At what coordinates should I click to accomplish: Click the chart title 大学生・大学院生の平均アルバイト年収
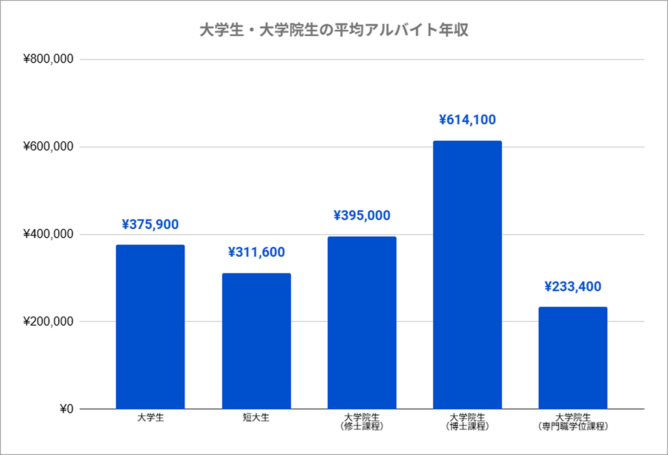pyautogui.click(x=334, y=30)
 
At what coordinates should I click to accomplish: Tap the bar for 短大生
pyautogui.click(x=256, y=341)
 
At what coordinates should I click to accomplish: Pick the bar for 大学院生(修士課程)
pyautogui.click(x=362, y=323)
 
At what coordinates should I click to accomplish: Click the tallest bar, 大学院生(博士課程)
pyautogui.click(x=467, y=275)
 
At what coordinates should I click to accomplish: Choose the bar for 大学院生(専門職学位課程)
pyautogui.click(x=573, y=358)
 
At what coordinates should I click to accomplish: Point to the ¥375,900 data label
pyautogui.click(x=150, y=224)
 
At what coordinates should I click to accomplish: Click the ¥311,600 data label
pyautogui.click(x=256, y=252)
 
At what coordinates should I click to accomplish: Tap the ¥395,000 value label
pyautogui.click(x=362, y=216)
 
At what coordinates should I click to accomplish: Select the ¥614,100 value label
pyautogui.click(x=467, y=120)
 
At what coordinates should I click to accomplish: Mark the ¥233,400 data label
pyautogui.click(x=573, y=287)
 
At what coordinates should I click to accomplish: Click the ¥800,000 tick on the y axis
pyautogui.click(x=48, y=59)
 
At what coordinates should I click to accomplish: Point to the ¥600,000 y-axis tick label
pyautogui.click(x=48, y=146)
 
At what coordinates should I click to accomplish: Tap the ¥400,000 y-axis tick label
pyautogui.click(x=48, y=234)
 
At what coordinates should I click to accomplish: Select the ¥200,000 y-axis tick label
pyautogui.click(x=48, y=321)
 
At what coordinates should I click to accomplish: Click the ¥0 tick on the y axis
pyautogui.click(x=66, y=409)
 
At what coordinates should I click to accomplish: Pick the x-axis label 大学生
pyautogui.click(x=150, y=417)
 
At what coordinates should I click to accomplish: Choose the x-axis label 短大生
pyautogui.click(x=256, y=417)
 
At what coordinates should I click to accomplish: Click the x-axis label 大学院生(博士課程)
pyautogui.click(x=467, y=422)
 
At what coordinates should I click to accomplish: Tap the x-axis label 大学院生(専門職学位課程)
pyautogui.click(x=573, y=422)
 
